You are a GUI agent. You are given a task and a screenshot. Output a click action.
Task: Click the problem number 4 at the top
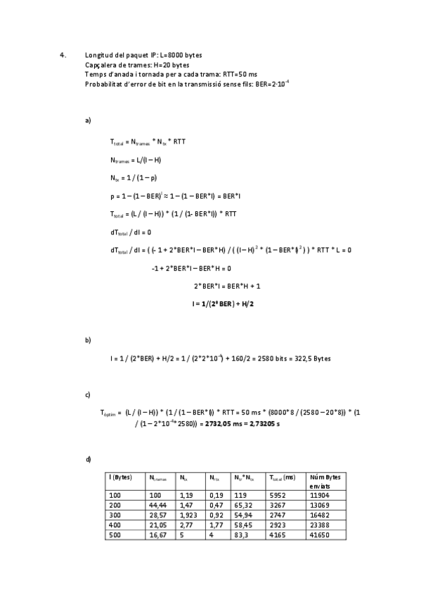point(63,54)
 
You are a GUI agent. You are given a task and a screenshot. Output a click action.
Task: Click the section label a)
point(88,120)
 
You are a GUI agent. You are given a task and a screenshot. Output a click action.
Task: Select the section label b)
point(88,340)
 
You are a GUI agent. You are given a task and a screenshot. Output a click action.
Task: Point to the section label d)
point(88,460)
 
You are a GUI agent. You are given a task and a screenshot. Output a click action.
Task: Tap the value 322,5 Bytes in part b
point(314,358)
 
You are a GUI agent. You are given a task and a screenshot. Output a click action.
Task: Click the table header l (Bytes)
point(121,477)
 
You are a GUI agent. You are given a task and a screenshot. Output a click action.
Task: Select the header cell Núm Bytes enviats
point(325,482)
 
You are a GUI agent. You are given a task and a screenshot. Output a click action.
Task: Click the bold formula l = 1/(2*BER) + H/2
point(222,303)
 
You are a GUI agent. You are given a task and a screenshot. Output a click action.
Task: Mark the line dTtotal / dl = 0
point(131,232)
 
